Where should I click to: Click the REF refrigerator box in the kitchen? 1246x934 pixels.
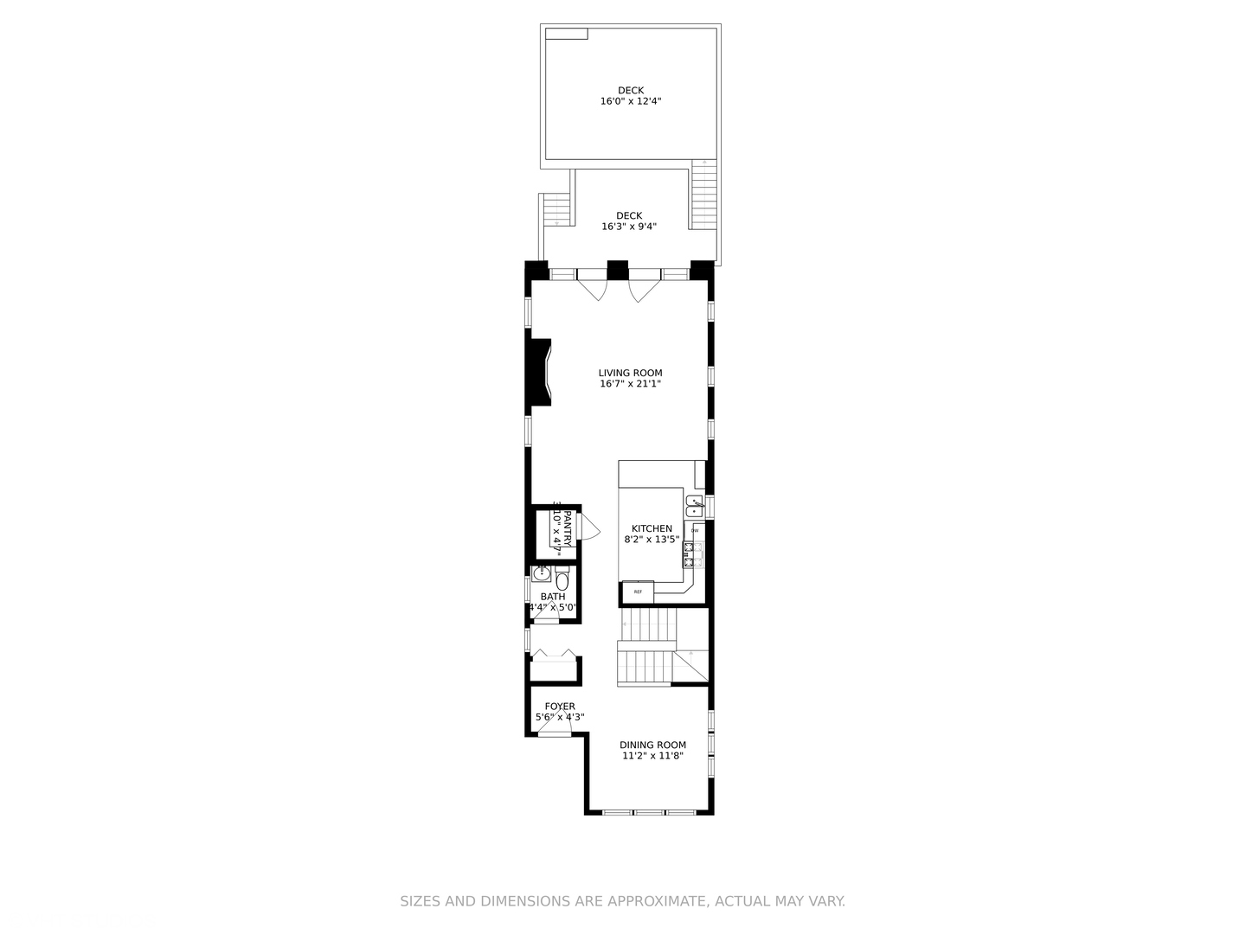639,592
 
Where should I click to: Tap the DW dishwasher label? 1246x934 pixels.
694,530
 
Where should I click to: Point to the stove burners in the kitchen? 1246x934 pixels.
694,554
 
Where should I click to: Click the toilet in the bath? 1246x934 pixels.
562,579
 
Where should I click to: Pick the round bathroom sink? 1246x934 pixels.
543,572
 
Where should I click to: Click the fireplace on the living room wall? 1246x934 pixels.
541,371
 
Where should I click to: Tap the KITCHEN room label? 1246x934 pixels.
652,528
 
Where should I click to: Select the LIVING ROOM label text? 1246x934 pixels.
630,374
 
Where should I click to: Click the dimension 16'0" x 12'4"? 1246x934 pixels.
631,101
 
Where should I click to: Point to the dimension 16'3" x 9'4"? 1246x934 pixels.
629,227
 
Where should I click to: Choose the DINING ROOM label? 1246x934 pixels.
652,745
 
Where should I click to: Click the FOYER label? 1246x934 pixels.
560,707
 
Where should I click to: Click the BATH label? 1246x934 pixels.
553,597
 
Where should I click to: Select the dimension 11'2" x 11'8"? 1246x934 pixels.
652,756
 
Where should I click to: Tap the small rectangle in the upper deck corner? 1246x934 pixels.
567,33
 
